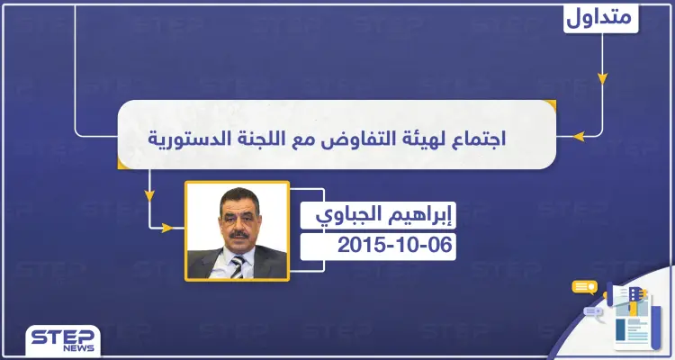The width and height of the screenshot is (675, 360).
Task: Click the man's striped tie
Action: point(236,265)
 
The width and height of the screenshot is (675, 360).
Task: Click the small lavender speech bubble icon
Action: point(594,311)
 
